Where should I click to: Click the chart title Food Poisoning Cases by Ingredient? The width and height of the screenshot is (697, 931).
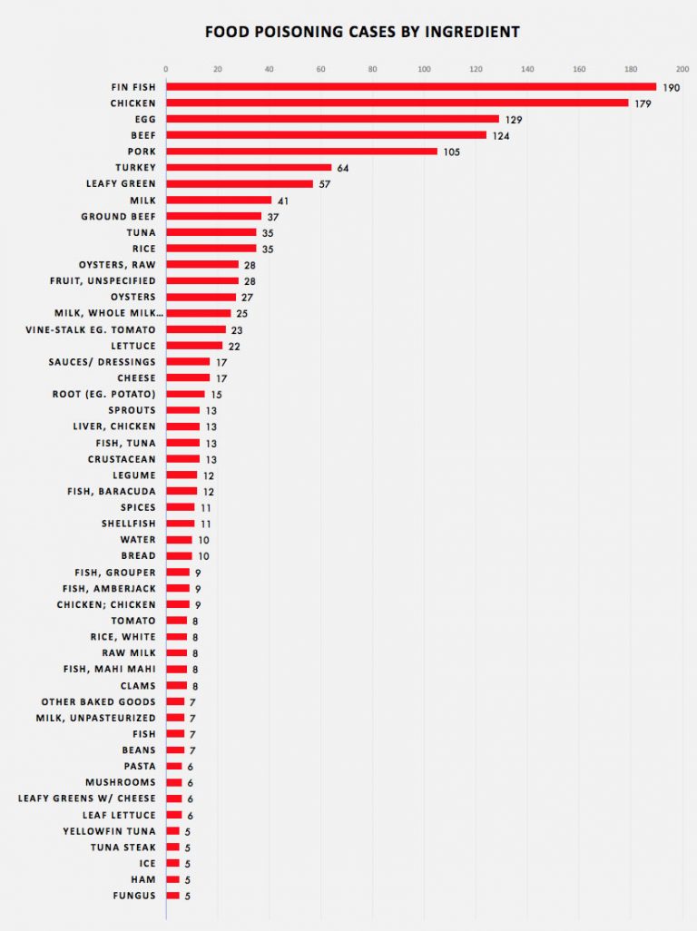(362, 32)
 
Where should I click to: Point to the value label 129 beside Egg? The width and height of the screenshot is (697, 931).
(514, 119)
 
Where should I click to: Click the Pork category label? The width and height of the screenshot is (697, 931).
(142, 152)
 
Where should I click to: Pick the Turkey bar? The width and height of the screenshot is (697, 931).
(249, 167)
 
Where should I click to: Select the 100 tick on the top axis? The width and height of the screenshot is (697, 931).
(424, 68)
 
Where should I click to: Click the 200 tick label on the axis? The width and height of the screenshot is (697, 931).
(682, 68)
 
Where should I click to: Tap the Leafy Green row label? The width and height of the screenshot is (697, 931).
(120, 183)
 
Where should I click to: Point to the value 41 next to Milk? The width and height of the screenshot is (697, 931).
(282, 200)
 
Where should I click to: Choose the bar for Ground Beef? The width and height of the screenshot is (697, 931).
(213, 216)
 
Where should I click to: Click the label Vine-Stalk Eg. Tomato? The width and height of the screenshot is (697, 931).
(91, 328)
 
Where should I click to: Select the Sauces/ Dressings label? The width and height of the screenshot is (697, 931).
(102, 361)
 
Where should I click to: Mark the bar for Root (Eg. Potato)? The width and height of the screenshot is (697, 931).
(185, 394)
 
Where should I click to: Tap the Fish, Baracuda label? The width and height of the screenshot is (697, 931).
(111, 491)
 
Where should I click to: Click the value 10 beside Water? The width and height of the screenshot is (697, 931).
(203, 540)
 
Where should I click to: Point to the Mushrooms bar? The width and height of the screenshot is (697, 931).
(173, 782)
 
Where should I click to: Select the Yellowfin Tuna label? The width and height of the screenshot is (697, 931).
(109, 831)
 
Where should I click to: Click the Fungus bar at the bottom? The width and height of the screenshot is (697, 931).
(172, 896)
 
